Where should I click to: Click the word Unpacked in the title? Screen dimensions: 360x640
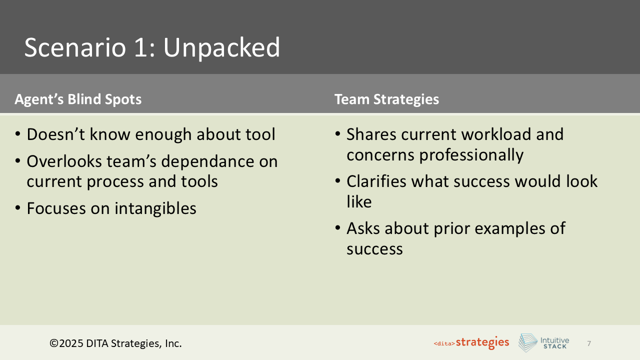pyautogui.click(x=221, y=48)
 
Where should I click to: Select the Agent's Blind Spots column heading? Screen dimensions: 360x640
pyautogui.click(x=78, y=99)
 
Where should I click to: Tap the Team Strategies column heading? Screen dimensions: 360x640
pyautogui.click(x=386, y=99)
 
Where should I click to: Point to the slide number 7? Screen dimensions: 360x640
pyautogui.click(x=589, y=343)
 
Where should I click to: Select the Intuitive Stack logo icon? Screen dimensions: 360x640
pyautogui.click(x=527, y=343)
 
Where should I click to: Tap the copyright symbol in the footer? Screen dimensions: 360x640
pyautogui.click(x=53, y=343)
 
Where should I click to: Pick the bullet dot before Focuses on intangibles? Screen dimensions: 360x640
pyautogui.click(x=18, y=208)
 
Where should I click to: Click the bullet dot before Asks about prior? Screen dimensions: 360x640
pyautogui.click(x=338, y=228)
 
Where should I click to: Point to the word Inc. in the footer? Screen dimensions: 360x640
pyautogui.click(x=173, y=343)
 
